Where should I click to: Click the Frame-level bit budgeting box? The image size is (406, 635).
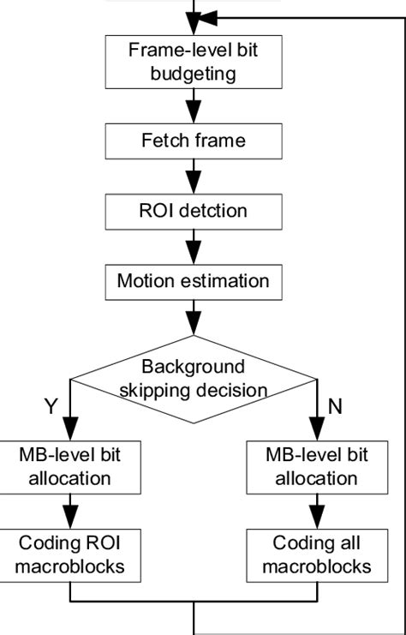click(193, 62)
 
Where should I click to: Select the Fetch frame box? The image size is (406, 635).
click(193, 140)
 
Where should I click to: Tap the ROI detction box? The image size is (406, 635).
click(193, 209)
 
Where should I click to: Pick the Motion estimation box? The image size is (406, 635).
click(193, 280)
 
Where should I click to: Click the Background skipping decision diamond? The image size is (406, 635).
click(193, 379)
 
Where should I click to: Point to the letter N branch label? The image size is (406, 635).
click(335, 407)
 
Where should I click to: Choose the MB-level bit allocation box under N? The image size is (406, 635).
click(317, 465)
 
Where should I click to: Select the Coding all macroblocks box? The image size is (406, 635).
click(317, 554)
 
